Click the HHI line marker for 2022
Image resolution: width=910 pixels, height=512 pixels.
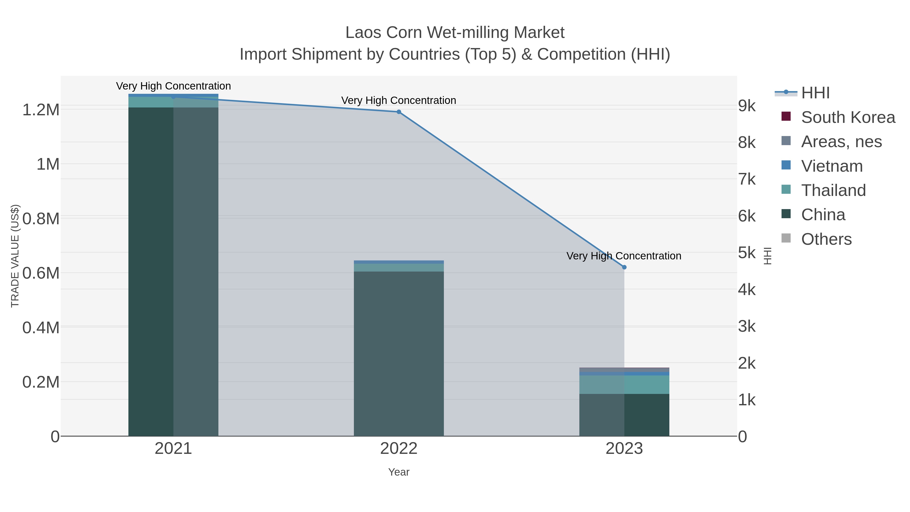click(398, 112)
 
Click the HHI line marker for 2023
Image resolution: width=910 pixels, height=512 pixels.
click(624, 267)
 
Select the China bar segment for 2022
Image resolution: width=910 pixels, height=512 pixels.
click(398, 353)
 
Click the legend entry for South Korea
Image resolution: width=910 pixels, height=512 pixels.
click(848, 117)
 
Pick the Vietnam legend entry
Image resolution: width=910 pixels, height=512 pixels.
click(832, 166)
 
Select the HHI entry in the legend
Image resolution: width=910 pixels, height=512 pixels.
click(815, 93)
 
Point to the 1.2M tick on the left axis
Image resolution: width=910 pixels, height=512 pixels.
click(41, 109)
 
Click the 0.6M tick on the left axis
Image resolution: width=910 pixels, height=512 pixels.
click(41, 273)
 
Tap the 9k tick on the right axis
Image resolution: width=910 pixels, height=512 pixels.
click(747, 106)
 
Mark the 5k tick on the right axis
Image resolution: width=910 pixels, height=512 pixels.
click(747, 253)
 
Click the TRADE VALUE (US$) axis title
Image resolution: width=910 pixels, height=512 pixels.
click(15, 256)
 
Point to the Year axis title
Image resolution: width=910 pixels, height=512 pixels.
click(398, 472)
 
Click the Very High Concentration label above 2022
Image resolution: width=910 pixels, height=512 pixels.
click(398, 100)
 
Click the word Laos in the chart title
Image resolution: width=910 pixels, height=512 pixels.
click(364, 33)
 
